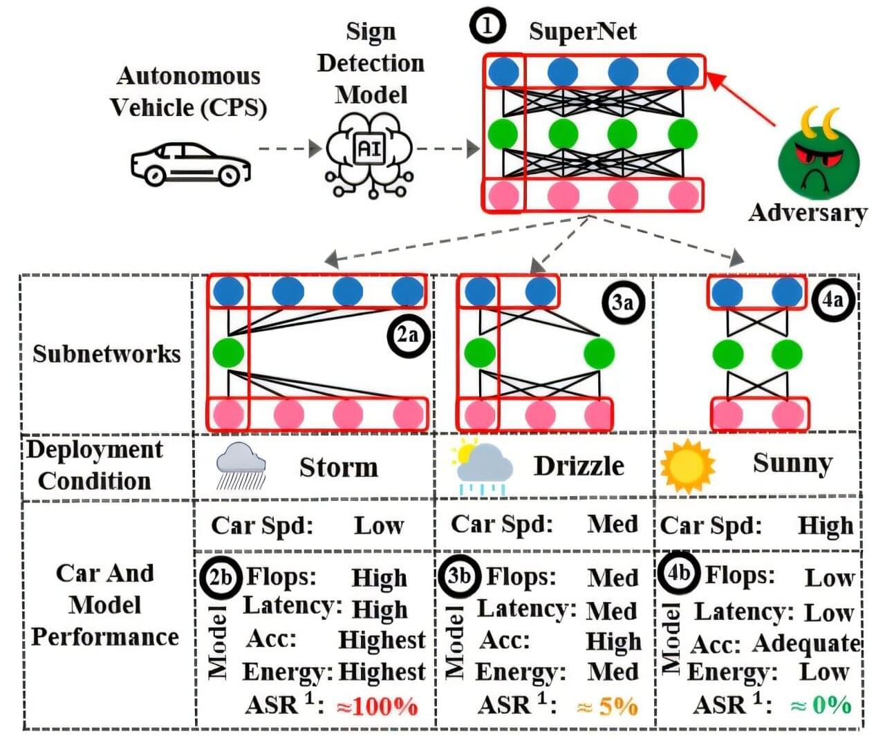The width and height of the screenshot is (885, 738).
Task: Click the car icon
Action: point(190,164)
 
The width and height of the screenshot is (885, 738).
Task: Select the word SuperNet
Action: point(582,32)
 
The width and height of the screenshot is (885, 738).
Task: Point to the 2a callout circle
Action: point(407,335)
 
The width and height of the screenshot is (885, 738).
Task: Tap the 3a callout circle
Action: point(622,301)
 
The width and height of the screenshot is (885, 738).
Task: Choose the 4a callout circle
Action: point(832,300)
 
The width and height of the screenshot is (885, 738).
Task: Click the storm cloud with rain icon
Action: point(240,465)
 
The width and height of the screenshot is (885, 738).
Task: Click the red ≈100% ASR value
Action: point(378,706)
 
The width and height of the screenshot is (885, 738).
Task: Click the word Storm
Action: point(339,468)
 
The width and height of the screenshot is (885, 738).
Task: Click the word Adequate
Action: point(806,643)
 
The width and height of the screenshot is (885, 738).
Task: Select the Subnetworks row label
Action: point(106,353)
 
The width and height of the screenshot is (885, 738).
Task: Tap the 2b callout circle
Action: point(219,576)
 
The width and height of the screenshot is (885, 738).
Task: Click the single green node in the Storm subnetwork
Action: point(228,352)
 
